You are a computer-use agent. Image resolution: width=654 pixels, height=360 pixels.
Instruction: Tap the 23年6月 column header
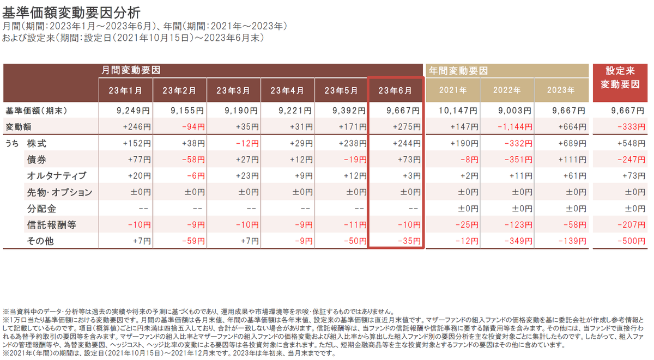396,90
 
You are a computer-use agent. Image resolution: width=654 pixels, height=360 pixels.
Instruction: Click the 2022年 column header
507,90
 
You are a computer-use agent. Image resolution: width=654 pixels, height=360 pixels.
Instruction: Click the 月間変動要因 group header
131,70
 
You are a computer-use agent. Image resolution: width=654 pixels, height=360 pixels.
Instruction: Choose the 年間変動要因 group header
458,70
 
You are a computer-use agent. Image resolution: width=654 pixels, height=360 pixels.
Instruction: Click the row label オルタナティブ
57,176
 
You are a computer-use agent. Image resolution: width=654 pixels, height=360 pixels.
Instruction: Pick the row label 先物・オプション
59,192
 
